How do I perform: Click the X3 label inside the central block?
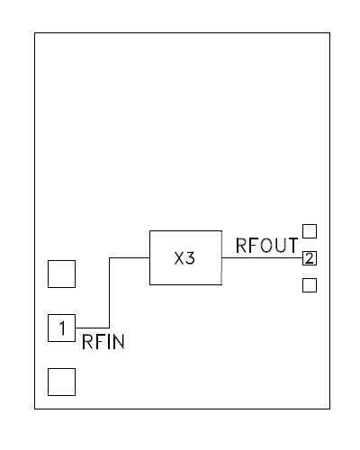coord(184,258)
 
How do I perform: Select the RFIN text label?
coord(103,342)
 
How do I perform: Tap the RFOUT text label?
coord(265,245)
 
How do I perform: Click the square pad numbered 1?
coord(61,328)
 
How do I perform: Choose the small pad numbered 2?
coord(310,258)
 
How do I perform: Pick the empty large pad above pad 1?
coord(61,274)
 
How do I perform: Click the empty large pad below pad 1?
coord(61,382)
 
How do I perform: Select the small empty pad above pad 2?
coord(310,231)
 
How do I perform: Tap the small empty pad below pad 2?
coord(310,285)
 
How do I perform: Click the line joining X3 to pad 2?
coord(261,258)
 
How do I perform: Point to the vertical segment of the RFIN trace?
coord(109,292)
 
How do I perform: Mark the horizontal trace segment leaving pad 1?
coord(92,328)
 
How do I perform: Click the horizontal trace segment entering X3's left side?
coord(129,258)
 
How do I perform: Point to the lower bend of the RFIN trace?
coord(109,328)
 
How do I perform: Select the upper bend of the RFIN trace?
coord(109,258)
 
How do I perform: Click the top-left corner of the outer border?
coord(35,33)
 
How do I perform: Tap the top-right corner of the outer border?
coord(328,33)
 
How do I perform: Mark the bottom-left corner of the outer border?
coord(35,409)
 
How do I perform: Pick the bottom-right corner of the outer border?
coord(328,409)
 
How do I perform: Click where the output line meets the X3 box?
coord(220,258)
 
